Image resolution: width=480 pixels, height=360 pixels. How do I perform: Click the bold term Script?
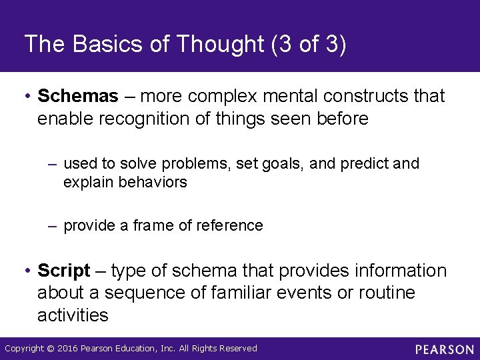[63, 271]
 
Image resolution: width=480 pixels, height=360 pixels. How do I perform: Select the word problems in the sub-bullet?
[198, 164]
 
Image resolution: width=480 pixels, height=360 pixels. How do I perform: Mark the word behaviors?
[154, 182]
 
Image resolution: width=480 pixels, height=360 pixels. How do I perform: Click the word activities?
[73, 315]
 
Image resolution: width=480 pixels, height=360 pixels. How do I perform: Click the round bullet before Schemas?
[26, 97]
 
